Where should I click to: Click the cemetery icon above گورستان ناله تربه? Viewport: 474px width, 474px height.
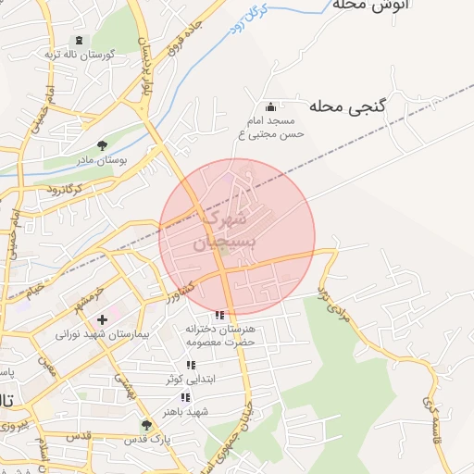77,40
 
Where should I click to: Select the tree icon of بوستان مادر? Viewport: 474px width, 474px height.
102,144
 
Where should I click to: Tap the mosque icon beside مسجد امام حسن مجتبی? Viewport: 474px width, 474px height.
270,107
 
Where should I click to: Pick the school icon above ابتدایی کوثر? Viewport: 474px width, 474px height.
191,366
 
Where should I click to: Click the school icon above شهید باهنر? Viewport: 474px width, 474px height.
186,397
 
